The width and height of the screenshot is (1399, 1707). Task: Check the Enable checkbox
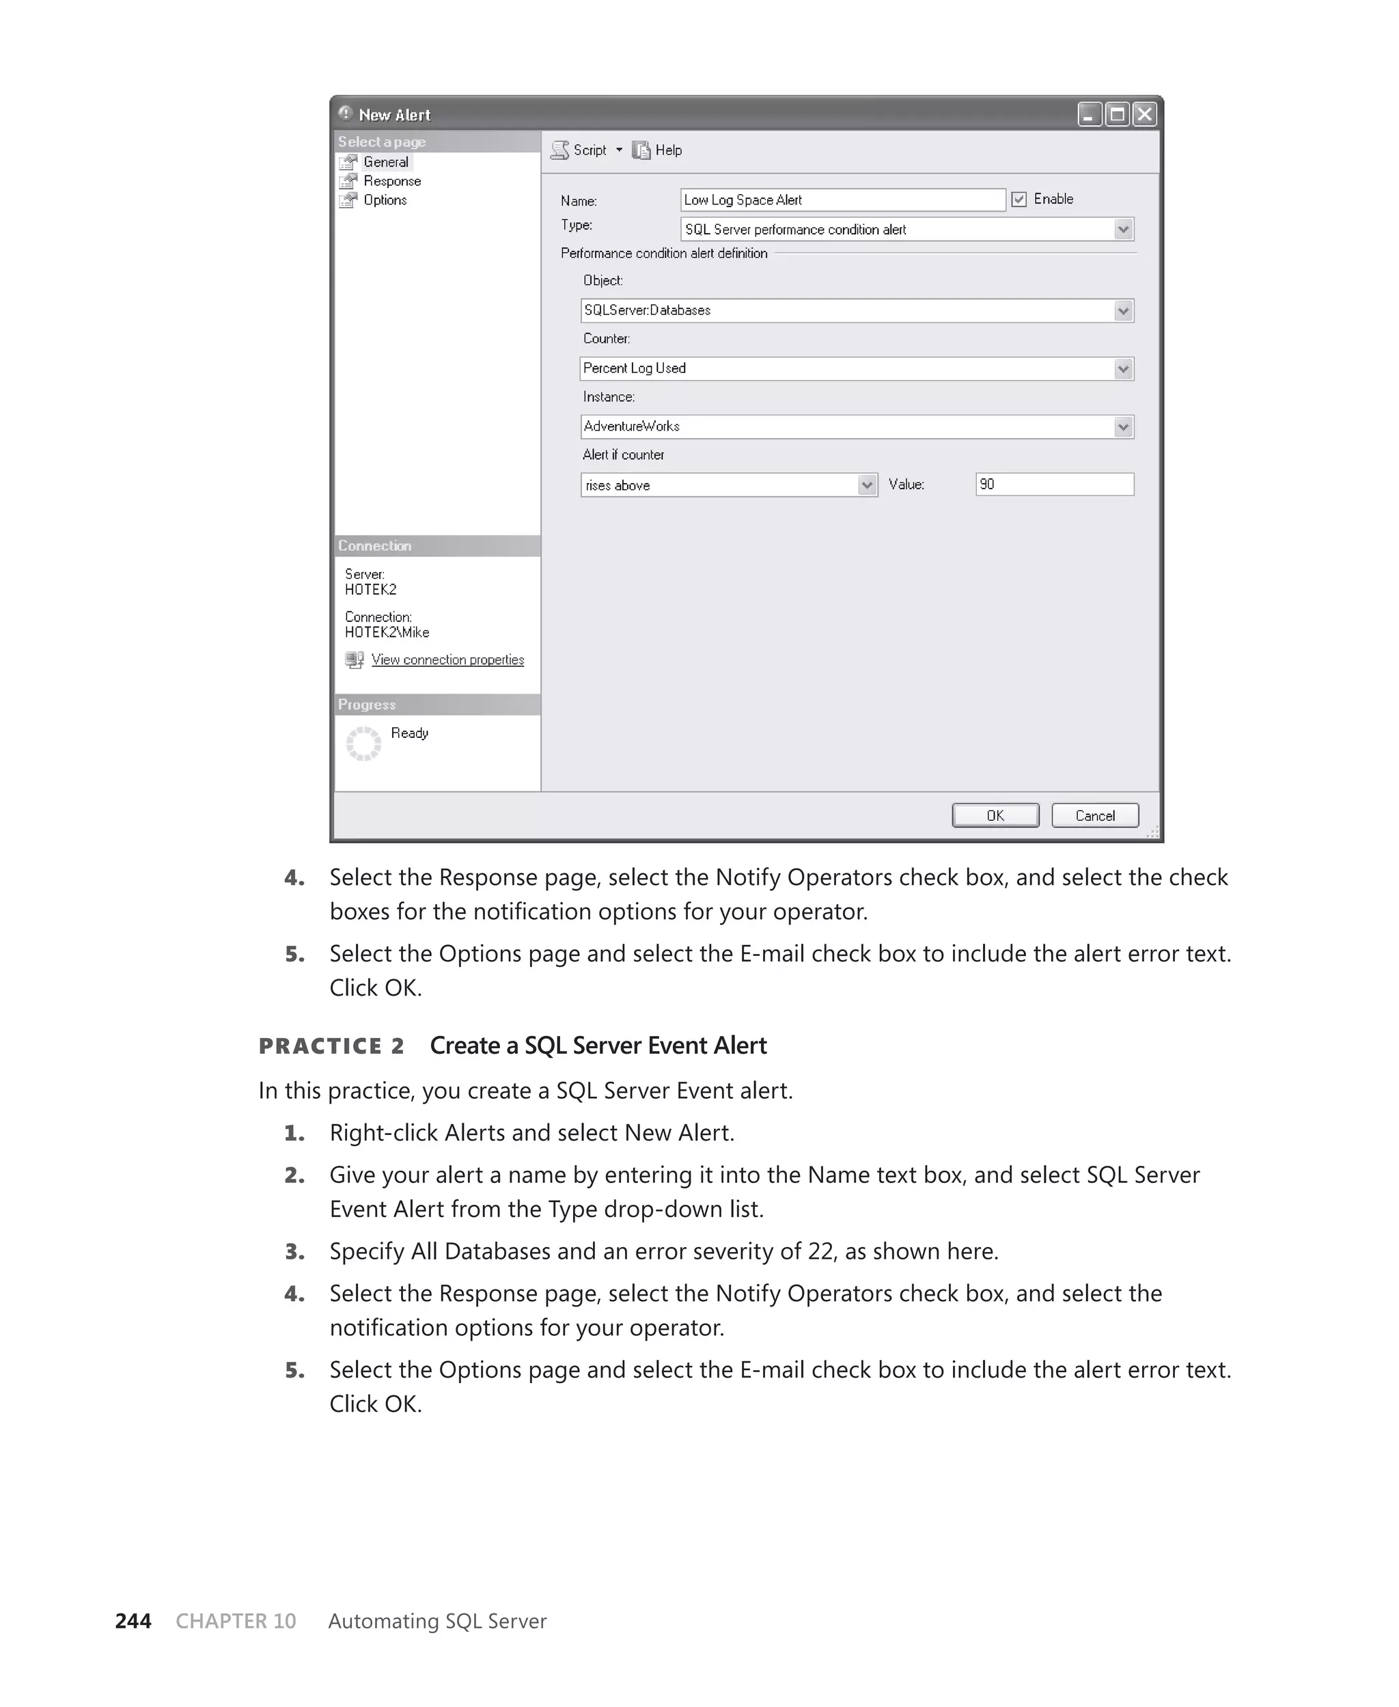point(1019,199)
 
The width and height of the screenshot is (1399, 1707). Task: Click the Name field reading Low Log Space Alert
point(842,200)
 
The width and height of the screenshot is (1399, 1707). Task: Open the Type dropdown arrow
point(1122,230)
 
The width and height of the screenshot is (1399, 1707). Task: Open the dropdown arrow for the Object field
point(1122,310)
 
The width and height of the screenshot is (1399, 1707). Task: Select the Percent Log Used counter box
point(846,368)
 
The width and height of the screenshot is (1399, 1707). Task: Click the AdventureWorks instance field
point(846,426)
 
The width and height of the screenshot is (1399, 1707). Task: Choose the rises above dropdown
point(728,484)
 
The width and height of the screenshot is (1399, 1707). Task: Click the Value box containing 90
point(1054,484)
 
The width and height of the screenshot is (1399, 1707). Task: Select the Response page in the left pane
point(391,181)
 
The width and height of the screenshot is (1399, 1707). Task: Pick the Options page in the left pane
point(385,200)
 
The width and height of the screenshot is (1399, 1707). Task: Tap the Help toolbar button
point(659,150)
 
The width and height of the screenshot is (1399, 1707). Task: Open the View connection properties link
point(447,660)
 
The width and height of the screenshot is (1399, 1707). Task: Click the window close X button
point(1144,114)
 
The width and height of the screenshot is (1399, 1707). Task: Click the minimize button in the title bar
point(1090,114)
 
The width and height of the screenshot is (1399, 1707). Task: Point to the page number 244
point(133,1621)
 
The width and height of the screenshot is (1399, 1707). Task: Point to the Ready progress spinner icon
point(363,743)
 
